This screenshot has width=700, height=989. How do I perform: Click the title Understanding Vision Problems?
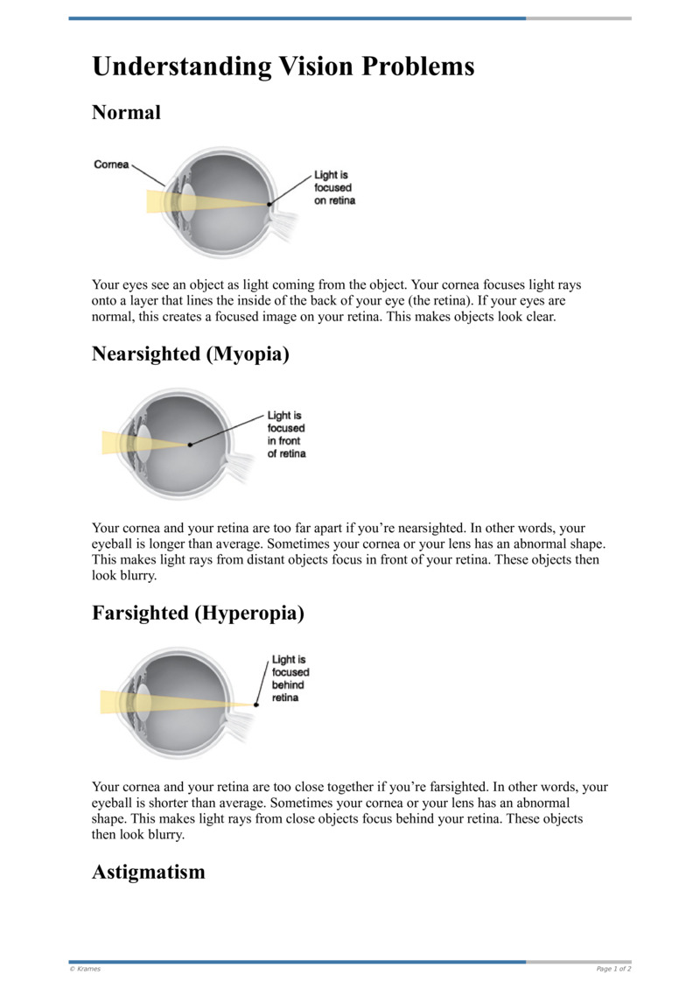(x=283, y=67)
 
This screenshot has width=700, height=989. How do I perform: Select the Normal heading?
(x=126, y=112)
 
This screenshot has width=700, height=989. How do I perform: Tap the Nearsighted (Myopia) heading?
(x=190, y=354)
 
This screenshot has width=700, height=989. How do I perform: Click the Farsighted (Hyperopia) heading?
(x=198, y=614)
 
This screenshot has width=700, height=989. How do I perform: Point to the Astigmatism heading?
(x=148, y=872)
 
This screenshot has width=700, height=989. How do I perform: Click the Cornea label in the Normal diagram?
(x=111, y=165)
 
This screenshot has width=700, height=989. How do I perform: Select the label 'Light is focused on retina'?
(x=334, y=188)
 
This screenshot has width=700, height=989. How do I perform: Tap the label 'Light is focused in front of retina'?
(x=286, y=435)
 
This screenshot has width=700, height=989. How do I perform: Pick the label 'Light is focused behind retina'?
(x=290, y=678)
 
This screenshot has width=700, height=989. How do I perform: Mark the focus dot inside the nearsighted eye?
(x=190, y=445)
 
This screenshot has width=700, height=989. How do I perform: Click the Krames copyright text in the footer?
(x=85, y=969)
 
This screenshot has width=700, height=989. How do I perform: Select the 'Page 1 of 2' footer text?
(x=613, y=969)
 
